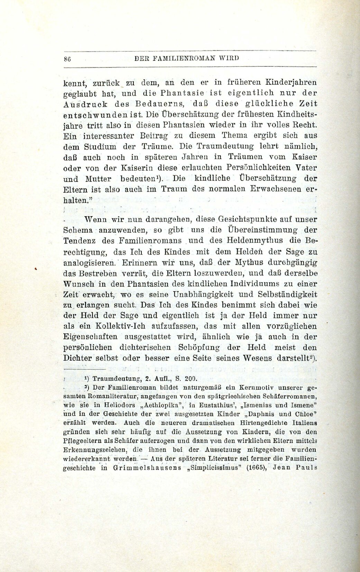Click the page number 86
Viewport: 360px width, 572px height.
click(67, 58)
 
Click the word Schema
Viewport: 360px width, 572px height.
click(78, 230)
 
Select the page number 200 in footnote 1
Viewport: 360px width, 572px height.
click(190, 378)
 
